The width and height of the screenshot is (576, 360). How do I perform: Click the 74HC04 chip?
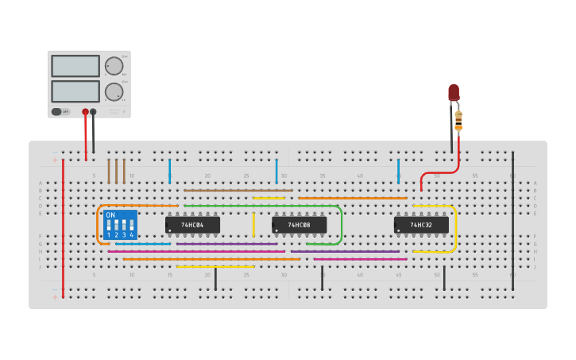(x=192, y=225)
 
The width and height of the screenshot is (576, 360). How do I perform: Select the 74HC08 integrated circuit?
(x=300, y=225)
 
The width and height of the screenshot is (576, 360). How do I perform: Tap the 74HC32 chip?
(x=421, y=225)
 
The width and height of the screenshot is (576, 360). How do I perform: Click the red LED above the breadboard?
(x=454, y=92)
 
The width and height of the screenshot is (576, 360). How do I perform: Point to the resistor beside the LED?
(x=458, y=120)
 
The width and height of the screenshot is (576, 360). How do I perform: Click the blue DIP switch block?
(x=120, y=225)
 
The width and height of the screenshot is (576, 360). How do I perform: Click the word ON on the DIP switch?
(x=110, y=215)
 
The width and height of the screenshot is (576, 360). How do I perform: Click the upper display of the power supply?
(x=75, y=66)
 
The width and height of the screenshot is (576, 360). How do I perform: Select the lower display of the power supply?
(x=75, y=91)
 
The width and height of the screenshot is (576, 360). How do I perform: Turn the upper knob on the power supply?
(x=114, y=66)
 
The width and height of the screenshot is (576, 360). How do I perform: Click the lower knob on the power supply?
(x=114, y=91)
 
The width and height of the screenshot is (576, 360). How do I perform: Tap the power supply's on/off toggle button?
(x=58, y=111)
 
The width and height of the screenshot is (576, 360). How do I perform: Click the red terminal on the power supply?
(x=85, y=112)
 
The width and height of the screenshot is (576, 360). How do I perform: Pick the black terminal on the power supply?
(x=93, y=112)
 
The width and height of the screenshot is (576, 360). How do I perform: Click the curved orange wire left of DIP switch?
(x=99, y=224)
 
